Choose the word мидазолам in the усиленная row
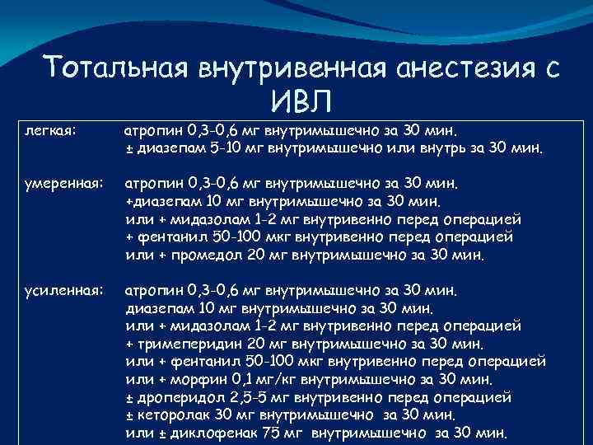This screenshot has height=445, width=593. tap(208, 325)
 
